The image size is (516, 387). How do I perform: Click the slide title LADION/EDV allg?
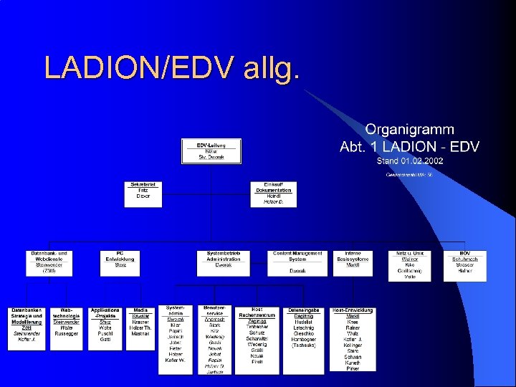coord(172,67)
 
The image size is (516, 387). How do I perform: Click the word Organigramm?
coord(409,130)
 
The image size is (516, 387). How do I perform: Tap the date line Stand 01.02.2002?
coord(409,161)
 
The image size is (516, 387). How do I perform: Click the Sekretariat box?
coord(143,191)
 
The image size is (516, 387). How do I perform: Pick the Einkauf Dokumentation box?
coord(273,193)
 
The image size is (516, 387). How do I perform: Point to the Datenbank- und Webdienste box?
coord(49,262)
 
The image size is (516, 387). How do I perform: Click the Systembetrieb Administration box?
coord(224,262)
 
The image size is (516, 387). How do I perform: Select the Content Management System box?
coord(298,262)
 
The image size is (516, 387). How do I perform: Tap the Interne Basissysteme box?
coord(353,262)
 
